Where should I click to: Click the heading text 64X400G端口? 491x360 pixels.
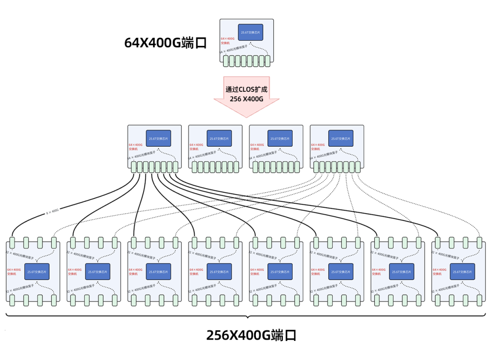165,43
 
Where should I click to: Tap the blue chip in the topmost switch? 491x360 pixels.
251,32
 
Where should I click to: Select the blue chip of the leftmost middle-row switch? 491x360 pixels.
158,138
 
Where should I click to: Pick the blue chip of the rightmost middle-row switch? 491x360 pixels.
341,138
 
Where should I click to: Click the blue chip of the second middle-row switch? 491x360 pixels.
219,138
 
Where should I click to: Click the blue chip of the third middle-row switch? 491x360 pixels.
280,138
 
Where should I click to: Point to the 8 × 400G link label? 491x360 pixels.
52,211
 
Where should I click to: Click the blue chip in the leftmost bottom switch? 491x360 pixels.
37,271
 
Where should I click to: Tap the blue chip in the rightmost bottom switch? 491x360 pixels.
462,271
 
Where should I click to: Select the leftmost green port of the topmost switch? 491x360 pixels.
226,61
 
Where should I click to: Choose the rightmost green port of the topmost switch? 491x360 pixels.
267,61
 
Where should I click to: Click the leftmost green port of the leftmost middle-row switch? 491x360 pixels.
134,167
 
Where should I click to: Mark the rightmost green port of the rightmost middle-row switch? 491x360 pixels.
358,167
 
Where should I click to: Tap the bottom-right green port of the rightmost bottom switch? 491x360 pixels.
479,300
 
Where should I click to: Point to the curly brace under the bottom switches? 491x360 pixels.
246,316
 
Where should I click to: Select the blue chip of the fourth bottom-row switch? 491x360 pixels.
219,271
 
